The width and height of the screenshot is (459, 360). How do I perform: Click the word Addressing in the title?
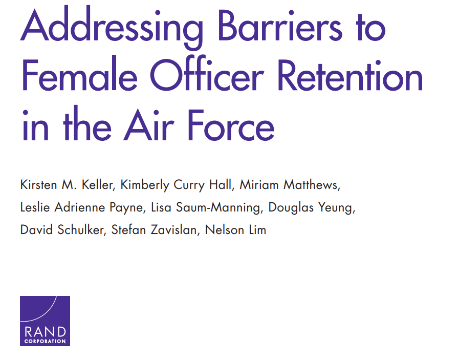[x=112, y=28]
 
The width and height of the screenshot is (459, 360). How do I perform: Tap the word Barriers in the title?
[x=280, y=26]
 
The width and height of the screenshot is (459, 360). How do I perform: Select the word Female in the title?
[x=79, y=74]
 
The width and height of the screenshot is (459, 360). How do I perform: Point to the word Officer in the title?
[x=207, y=74]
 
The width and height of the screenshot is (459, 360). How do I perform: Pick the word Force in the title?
[x=231, y=125]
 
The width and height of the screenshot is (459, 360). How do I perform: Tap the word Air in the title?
[x=149, y=125]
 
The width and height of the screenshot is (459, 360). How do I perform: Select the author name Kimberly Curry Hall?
[x=177, y=185]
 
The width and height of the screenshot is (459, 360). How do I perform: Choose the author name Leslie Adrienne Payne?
[x=82, y=208]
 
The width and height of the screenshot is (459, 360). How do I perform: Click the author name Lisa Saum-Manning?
[x=206, y=208]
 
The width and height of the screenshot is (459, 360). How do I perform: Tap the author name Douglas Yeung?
[x=311, y=208]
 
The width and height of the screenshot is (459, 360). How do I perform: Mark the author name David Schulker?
[x=62, y=230]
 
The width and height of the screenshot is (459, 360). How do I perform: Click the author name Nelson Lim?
[x=236, y=230]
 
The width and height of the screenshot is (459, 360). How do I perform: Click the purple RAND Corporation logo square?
[x=45, y=321]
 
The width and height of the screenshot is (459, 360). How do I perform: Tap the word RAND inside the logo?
[x=45, y=332]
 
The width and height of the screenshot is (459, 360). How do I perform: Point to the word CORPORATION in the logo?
[x=45, y=341]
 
